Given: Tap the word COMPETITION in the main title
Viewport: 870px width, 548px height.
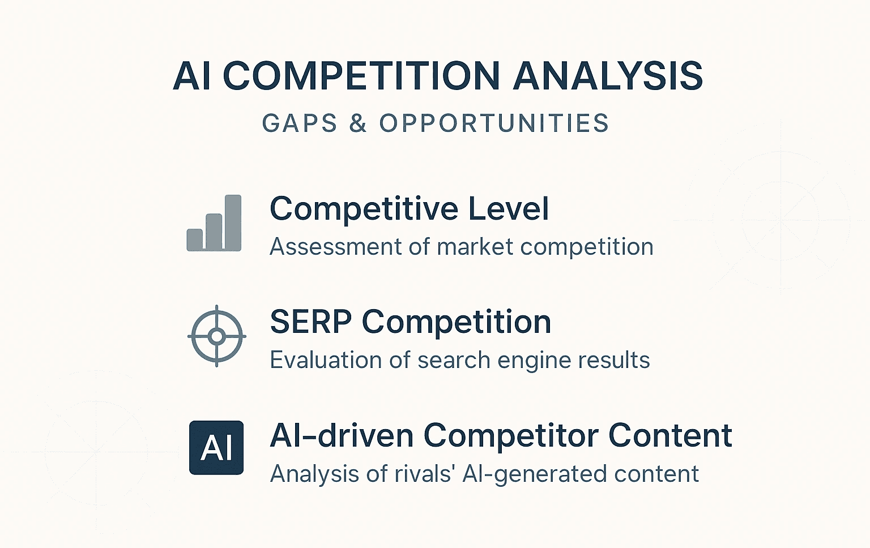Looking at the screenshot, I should (361, 76).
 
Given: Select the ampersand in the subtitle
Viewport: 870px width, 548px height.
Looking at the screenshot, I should (358, 123).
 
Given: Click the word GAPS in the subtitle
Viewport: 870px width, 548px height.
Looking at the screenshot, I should (300, 123).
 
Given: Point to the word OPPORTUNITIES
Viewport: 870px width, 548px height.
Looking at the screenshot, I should (494, 123).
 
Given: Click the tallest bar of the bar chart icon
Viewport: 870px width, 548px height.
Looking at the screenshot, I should (233, 222).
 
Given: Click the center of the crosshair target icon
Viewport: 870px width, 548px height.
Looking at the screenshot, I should (216, 336).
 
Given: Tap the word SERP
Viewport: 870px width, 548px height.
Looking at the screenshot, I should (311, 322).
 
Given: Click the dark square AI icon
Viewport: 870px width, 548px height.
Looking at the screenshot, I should (216, 447).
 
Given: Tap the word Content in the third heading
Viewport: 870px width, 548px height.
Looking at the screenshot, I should (670, 436).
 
